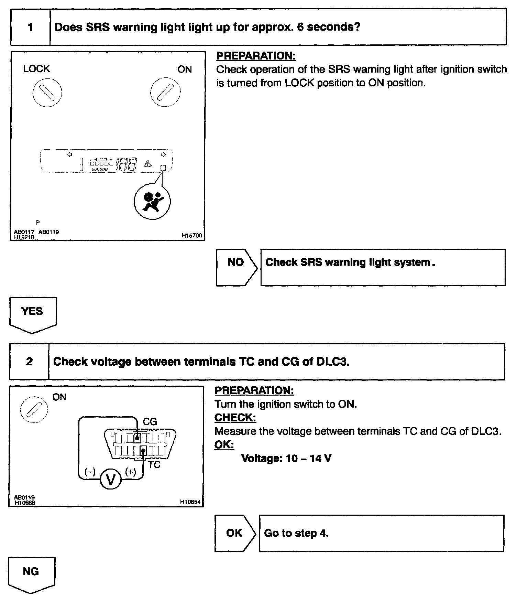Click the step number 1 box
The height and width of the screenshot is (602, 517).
[x=31, y=27]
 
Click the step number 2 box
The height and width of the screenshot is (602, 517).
[x=29, y=362]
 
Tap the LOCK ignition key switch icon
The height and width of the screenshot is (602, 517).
[x=47, y=93]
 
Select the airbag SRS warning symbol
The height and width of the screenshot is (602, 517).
[x=152, y=202]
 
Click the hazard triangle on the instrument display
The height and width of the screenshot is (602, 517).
[x=148, y=164]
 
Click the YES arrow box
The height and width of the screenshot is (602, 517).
[x=32, y=313]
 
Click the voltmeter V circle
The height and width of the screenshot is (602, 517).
[x=111, y=479]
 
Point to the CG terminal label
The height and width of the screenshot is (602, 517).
[x=150, y=422]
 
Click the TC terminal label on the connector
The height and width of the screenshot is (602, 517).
[x=154, y=465]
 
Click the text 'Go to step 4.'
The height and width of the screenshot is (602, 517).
[x=296, y=533]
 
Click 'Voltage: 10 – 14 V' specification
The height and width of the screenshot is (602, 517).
[x=286, y=458]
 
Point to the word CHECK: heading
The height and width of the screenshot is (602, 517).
[x=235, y=418]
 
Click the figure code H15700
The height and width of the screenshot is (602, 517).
[x=192, y=236]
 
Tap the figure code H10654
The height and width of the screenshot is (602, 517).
[x=190, y=502]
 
